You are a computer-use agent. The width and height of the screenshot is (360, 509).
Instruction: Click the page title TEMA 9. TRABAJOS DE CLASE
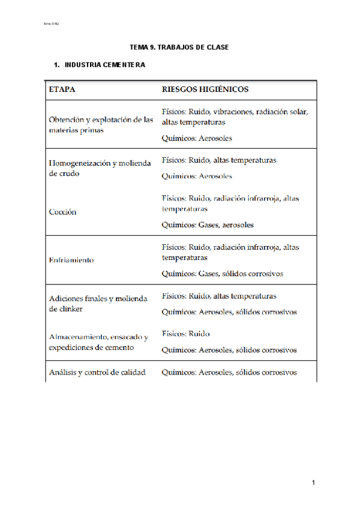coord(179,47)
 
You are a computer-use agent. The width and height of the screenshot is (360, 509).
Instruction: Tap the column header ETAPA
coord(62,89)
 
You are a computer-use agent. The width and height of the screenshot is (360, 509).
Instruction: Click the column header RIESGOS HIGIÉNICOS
coord(205,89)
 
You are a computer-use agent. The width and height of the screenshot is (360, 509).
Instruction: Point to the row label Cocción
coord(62,212)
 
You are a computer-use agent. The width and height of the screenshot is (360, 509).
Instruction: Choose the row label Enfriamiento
coord(71,261)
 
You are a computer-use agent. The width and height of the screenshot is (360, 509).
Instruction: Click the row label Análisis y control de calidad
coord(97,372)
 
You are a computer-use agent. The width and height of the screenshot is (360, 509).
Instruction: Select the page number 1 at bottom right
coord(313,483)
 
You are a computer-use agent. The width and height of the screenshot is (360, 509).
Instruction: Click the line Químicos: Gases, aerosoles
coord(208,225)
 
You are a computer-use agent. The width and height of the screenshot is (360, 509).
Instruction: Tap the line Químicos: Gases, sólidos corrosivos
coord(223,274)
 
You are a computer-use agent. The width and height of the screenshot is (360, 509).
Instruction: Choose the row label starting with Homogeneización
coord(98,168)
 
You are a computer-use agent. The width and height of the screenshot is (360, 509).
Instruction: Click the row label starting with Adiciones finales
coord(97,304)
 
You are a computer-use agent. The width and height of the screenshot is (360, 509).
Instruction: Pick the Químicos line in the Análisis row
coord(229,372)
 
